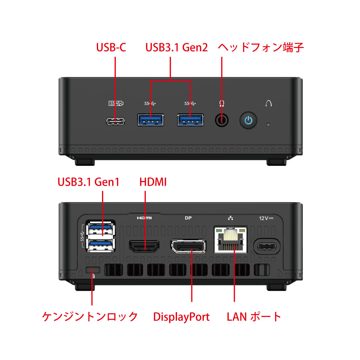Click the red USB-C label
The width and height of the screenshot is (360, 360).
pos(111,48)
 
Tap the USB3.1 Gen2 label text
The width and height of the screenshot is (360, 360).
pos(176,48)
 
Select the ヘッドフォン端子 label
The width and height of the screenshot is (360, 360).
pos(261,48)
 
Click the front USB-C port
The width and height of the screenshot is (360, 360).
pos(115,121)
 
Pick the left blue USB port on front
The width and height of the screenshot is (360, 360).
pos(151,120)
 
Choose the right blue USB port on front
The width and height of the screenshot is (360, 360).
pos(190,120)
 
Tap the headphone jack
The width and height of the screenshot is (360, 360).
pos(222,121)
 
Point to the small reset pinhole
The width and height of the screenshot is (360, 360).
pos(268,124)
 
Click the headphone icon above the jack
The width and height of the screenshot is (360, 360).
pos(222,103)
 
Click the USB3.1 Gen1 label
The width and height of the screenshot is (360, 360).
pos(88,182)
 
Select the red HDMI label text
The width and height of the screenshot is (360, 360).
pos(153,182)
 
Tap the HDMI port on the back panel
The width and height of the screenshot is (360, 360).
pos(144,246)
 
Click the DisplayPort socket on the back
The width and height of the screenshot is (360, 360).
pos(188,247)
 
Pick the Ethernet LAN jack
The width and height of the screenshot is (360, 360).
pos(230,240)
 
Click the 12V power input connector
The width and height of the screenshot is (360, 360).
pos(267,246)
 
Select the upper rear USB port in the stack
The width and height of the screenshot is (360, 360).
pos(100,229)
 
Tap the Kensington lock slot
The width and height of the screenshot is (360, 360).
pos(92,270)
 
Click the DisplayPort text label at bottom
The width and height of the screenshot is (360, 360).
pos(181,317)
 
